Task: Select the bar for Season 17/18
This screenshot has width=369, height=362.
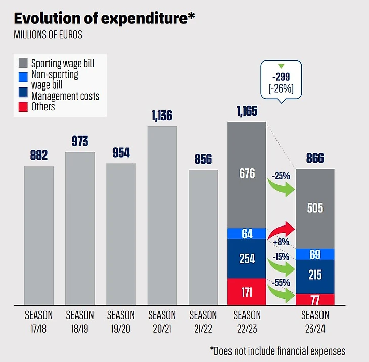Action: tap(39, 235)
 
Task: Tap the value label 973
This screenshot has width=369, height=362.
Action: tap(80, 142)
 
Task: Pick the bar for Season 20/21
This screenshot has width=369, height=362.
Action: tap(162, 215)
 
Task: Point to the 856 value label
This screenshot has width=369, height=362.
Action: tap(203, 159)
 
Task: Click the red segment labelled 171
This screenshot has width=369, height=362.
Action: tap(247, 292)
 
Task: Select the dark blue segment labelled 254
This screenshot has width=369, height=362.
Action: tap(247, 258)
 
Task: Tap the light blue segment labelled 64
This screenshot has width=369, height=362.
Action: tap(247, 233)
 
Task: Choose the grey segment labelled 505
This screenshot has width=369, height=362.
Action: tap(315, 208)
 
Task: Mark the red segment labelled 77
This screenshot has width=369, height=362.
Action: tap(315, 299)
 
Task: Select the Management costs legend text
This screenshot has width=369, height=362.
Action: tap(65, 96)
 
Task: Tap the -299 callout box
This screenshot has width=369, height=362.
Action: tap(282, 81)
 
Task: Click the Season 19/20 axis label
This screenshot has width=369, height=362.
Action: tap(121, 321)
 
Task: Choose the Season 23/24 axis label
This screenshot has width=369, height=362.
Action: tap(315, 321)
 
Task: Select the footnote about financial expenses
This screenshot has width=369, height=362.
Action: tap(278, 350)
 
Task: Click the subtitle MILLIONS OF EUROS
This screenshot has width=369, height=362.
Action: tap(48, 36)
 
